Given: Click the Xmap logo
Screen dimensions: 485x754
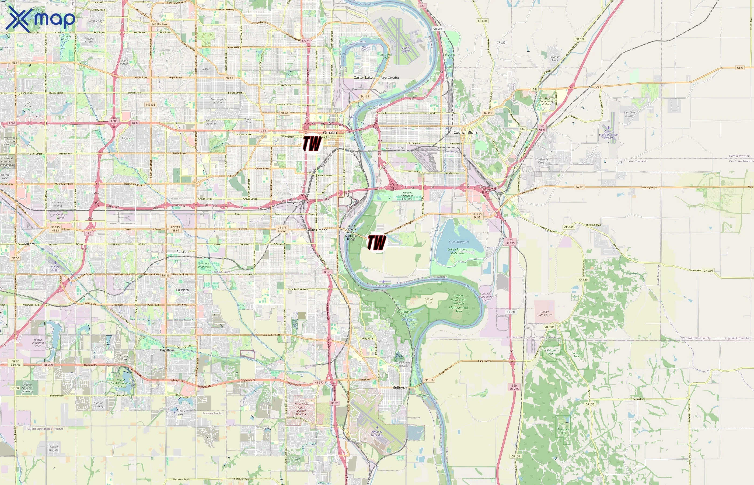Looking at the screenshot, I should point(40,19).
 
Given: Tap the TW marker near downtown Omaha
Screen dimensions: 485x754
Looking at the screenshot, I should point(312,143).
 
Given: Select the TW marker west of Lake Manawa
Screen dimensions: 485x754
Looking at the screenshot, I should point(377,242).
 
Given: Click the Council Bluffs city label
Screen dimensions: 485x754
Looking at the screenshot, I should point(465,133).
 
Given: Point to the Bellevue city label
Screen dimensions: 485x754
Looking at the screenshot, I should point(400,387).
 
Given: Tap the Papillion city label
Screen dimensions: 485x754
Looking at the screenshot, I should point(167,350).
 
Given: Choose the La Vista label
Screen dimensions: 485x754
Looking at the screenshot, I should point(183,290).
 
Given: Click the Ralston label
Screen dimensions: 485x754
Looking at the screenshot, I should point(183,252).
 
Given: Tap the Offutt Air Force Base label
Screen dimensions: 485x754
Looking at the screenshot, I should point(377,434).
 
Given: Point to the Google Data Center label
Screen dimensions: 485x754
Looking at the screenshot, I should point(544,313).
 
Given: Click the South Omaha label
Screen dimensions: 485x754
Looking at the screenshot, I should point(317,230).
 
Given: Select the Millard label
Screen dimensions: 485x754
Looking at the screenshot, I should point(30,244).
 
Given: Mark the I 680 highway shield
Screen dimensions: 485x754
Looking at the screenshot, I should point(114,121).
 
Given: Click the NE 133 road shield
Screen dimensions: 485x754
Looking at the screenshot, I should point(151,105).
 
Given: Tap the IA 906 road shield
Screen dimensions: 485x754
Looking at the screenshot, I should point(488,113).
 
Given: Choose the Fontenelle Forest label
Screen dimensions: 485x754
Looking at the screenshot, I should point(404,313).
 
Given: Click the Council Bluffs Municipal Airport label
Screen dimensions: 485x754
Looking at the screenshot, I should point(608,134).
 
